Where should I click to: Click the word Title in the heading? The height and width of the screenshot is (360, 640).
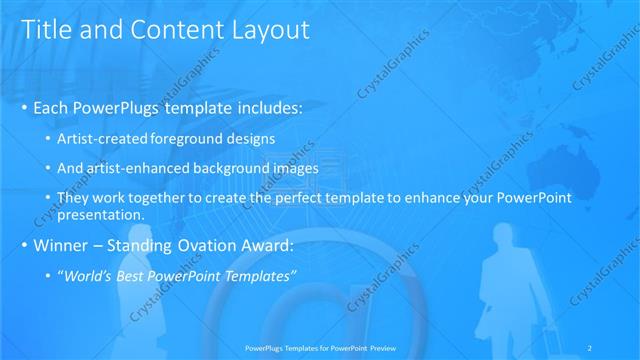click(x=44, y=30)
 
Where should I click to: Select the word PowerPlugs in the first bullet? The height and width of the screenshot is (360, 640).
click(x=122, y=107)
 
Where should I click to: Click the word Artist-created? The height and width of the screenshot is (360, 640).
click(x=102, y=137)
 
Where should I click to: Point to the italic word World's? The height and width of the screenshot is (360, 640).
click(x=87, y=275)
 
